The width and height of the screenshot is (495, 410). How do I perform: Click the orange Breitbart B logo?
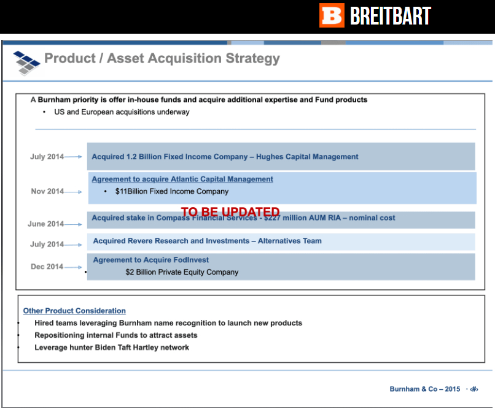click(x=332, y=15)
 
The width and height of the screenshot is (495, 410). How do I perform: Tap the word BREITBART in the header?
click(x=391, y=16)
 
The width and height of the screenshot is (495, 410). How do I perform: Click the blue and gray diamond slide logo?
click(x=27, y=63)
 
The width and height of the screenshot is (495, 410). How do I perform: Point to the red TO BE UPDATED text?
click(x=230, y=211)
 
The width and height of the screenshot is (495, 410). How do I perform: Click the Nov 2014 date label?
click(x=47, y=191)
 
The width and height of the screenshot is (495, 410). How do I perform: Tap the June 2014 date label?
click(x=46, y=224)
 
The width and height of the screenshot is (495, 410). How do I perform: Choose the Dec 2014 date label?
click(x=47, y=267)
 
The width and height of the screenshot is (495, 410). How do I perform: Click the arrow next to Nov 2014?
click(x=73, y=192)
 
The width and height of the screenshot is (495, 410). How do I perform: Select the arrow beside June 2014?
click(x=73, y=224)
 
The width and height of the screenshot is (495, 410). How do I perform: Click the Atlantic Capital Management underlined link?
click(x=182, y=179)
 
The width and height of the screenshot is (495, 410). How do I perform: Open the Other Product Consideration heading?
click(x=74, y=311)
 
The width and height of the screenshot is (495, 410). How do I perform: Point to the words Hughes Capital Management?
click(x=307, y=157)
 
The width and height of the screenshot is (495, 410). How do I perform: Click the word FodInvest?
click(x=192, y=260)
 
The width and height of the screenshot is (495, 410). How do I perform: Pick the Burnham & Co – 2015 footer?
click(x=425, y=389)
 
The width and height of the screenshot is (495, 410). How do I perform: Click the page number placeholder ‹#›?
click(x=474, y=389)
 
